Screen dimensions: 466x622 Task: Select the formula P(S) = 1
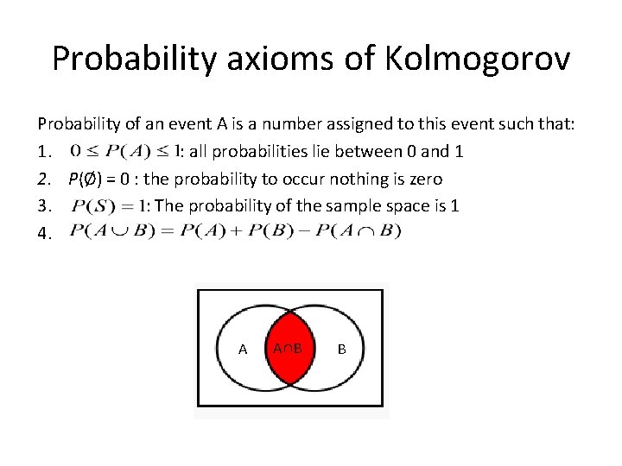pyautogui.click(x=108, y=206)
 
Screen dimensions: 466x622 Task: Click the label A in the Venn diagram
pyautogui.click(x=243, y=349)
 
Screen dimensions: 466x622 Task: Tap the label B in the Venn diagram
pyautogui.click(x=341, y=349)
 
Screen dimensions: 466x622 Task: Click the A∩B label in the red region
pyautogui.click(x=287, y=349)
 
